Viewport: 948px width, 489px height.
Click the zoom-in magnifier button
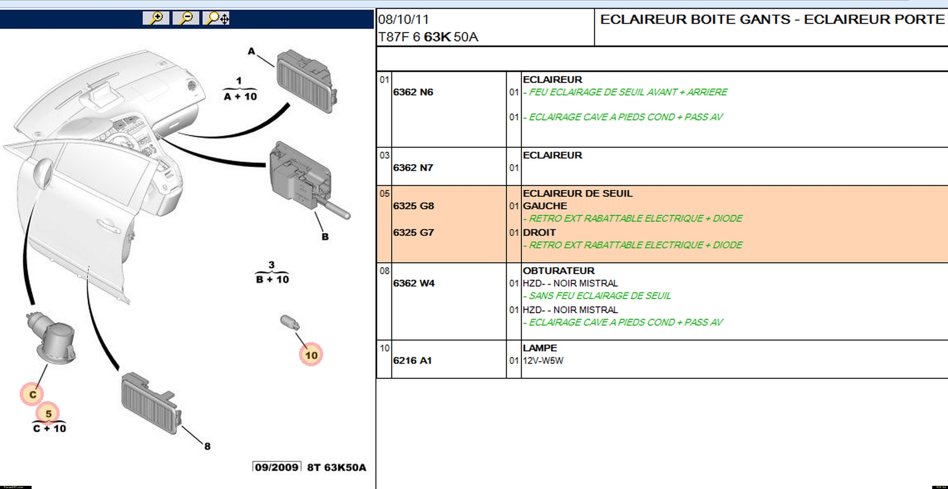pos(156,18)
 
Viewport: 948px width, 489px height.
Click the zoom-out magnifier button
pos(186,18)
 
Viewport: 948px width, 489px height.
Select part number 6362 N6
pos(413,92)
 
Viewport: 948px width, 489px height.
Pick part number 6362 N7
pos(413,168)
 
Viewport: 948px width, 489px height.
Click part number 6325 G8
pos(413,206)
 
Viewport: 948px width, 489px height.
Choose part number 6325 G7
pos(413,233)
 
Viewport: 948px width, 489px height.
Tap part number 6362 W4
pos(414,283)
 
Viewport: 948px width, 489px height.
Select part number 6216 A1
pos(412,361)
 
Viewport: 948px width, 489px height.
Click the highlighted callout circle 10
pos(311,355)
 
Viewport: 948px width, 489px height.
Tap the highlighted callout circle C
pos(32,395)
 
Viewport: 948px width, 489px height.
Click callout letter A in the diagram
pos(251,51)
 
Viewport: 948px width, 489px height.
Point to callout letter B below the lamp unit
pos(325,237)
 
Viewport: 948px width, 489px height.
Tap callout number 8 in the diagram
pos(208,446)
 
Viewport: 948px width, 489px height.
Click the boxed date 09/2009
pos(277,467)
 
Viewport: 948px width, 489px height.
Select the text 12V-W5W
pos(543,361)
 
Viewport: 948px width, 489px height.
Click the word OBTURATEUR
pos(558,271)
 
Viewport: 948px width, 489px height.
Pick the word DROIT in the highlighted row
pos(539,233)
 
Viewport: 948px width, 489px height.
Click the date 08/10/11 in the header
pos(403,20)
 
